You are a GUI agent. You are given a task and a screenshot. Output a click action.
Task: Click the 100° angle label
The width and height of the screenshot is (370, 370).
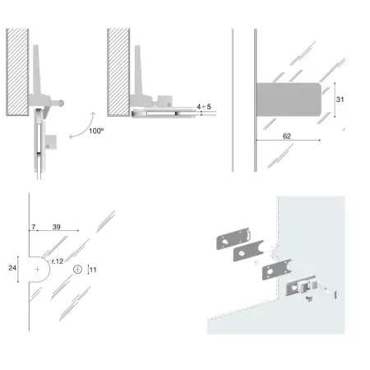click(96, 131)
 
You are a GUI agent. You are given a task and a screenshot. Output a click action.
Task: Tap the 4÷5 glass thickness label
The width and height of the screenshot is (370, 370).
click(204, 107)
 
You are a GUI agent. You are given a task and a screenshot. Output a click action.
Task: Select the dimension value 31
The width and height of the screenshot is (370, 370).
click(340, 99)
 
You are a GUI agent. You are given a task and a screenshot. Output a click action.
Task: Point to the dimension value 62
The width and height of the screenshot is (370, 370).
click(287, 136)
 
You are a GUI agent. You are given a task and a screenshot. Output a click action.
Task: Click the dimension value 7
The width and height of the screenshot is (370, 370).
click(34, 227)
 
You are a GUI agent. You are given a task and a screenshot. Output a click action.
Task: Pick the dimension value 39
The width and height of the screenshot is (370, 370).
click(57, 227)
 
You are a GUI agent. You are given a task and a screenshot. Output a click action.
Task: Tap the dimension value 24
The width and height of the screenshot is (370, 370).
click(12, 268)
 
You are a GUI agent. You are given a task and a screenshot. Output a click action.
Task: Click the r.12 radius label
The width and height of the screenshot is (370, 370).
click(58, 261)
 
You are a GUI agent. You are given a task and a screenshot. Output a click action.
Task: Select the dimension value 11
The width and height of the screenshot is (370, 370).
click(93, 270)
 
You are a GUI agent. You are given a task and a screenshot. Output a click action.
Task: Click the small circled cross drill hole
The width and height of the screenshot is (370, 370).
click(78, 270)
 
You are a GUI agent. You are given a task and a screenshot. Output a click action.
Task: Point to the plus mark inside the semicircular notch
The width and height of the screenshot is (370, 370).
click(37, 270)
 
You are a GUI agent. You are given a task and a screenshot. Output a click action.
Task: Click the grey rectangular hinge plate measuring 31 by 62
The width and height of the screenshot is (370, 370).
click(289, 99)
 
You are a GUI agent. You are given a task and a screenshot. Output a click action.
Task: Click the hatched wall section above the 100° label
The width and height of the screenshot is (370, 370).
click(17, 72)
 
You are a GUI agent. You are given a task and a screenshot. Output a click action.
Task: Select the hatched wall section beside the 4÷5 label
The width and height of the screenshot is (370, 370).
click(118, 72)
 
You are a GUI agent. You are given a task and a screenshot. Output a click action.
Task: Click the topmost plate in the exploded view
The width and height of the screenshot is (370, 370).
click(234, 238)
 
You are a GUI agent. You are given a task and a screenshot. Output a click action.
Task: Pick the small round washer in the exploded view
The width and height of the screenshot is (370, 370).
click(257, 262)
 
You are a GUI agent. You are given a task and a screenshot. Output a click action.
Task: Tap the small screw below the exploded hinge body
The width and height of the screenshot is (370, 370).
click(309, 299)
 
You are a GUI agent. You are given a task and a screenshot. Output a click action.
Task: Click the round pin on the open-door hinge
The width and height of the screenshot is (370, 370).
click(61, 104)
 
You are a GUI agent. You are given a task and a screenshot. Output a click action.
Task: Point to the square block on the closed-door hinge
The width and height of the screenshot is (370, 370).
click(165, 101)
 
